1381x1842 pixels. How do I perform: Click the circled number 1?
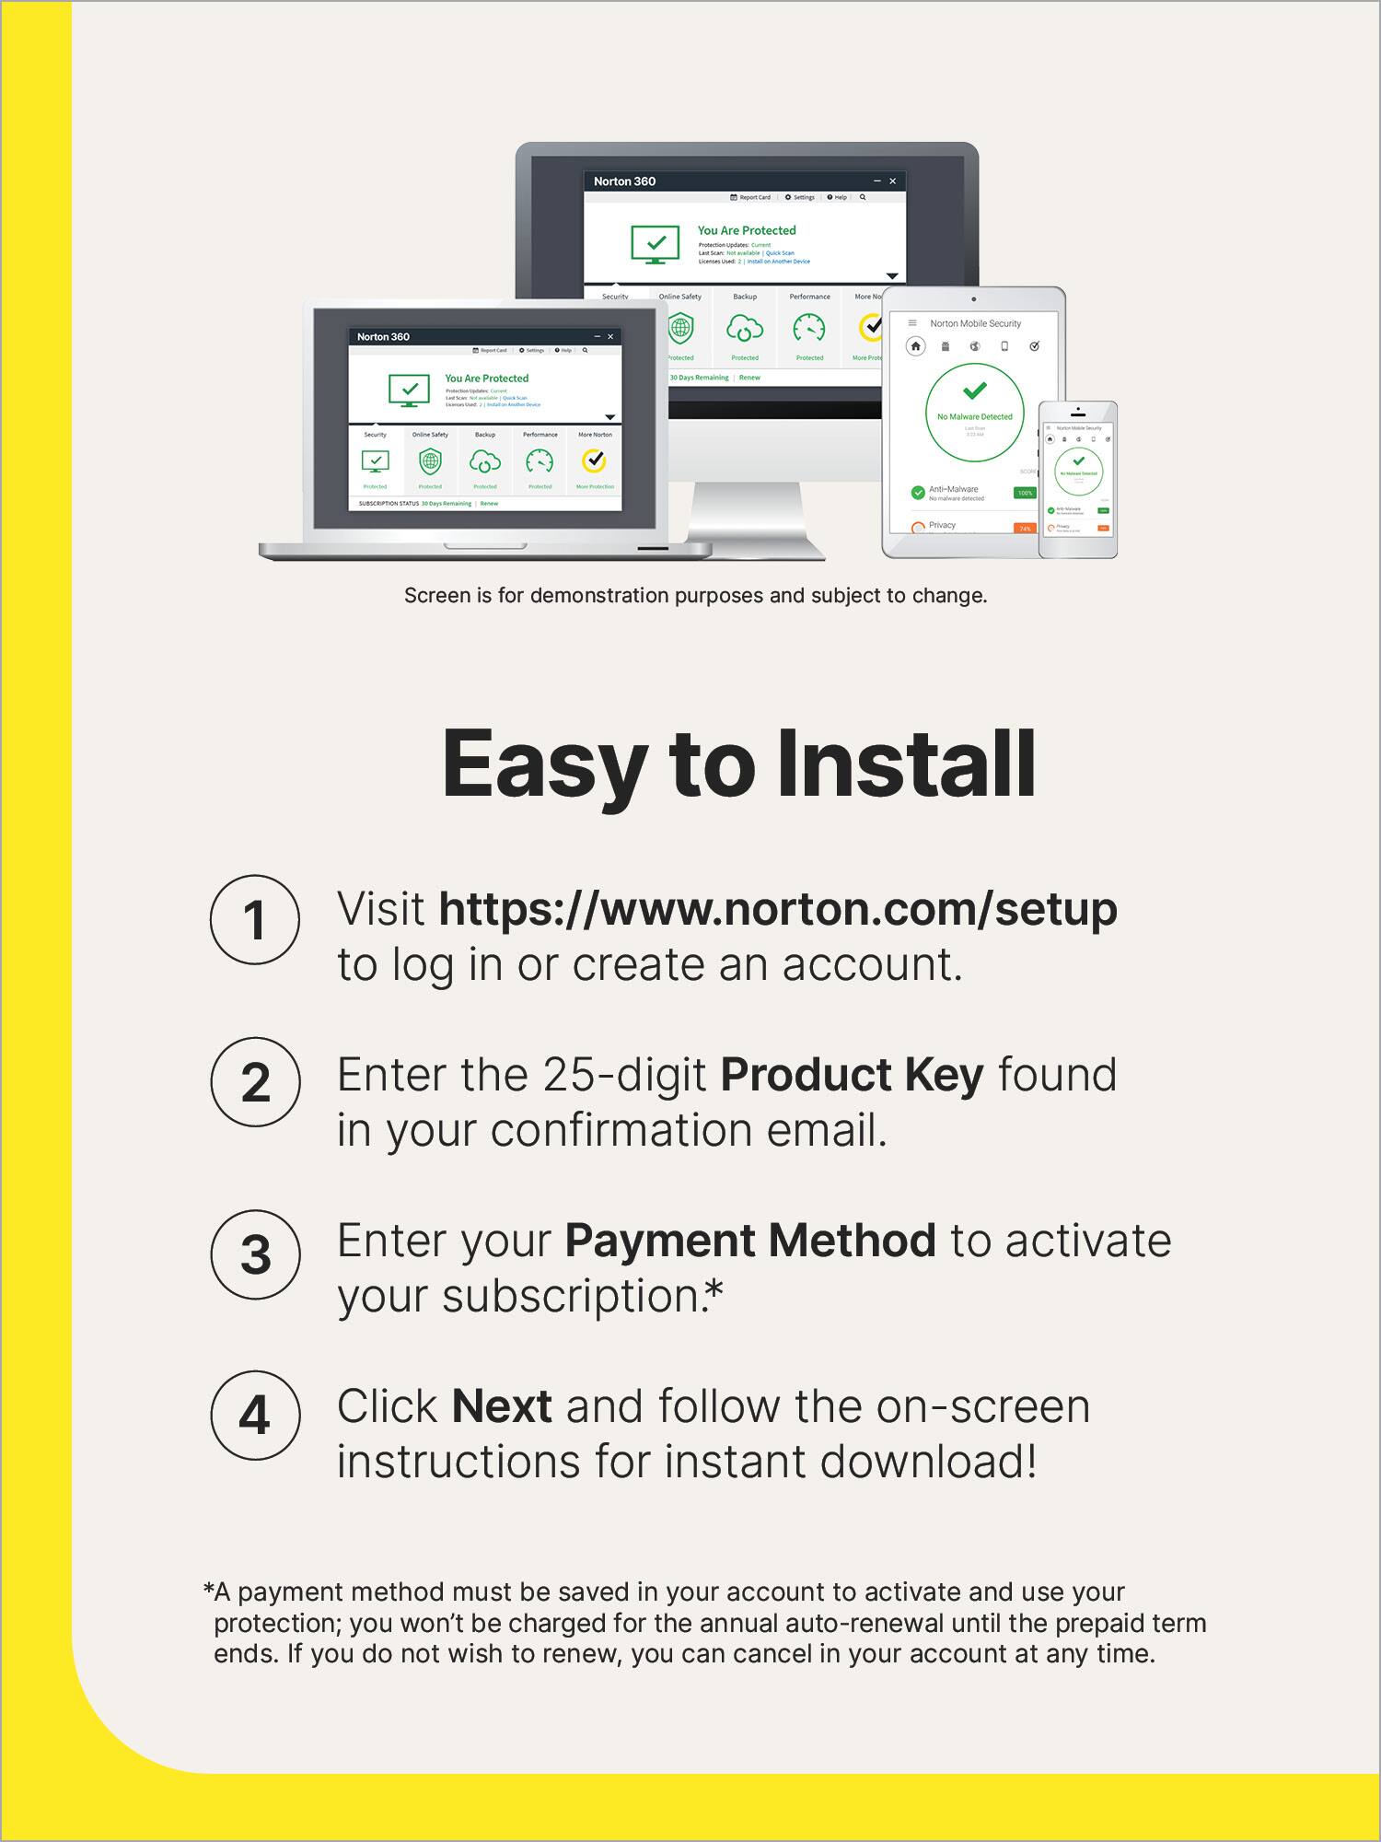(255, 919)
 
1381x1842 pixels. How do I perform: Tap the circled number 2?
(255, 1081)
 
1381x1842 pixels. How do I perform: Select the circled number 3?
(255, 1254)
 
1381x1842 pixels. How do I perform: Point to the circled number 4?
(255, 1416)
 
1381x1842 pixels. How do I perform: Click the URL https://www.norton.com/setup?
(778, 909)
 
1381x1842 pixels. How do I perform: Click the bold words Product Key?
(852, 1075)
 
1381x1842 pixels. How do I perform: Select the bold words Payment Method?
(749, 1241)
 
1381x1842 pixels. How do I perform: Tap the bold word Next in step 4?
(502, 1406)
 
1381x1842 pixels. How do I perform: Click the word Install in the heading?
(907, 764)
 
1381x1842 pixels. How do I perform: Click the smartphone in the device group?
(1078, 479)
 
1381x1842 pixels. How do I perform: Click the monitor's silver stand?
(755, 520)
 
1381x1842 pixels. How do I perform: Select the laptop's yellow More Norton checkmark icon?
(595, 460)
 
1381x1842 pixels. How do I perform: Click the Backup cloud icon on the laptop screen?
(485, 460)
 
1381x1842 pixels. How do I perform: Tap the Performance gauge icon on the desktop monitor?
(809, 328)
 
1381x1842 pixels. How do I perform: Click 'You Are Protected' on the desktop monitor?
(747, 230)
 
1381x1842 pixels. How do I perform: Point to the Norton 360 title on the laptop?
(383, 337)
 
